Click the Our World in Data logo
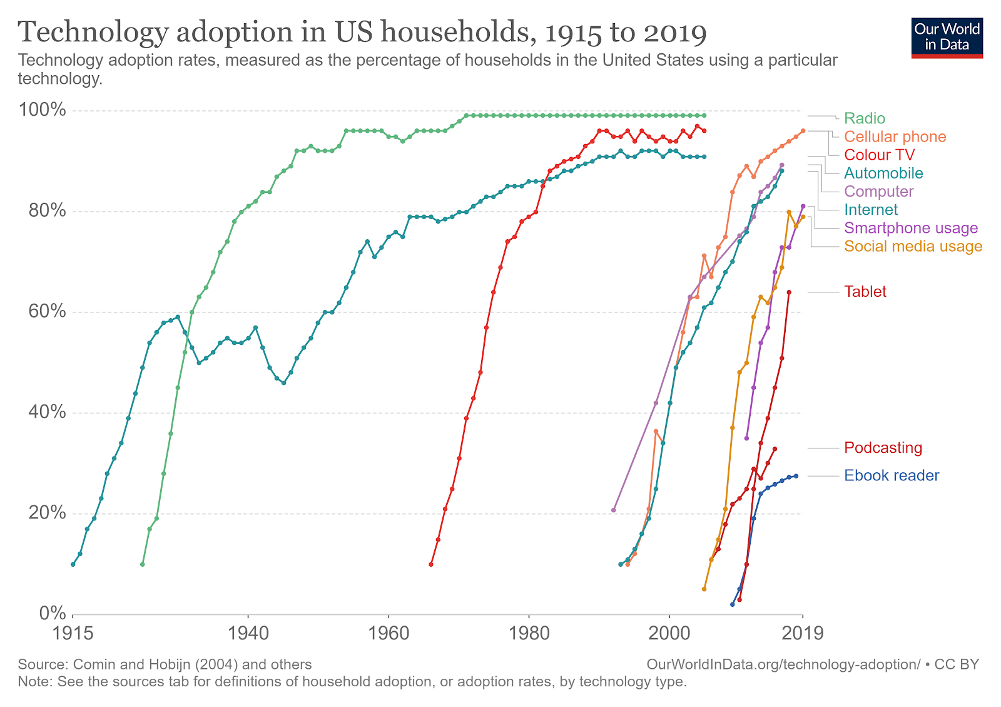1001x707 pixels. coord(947,38)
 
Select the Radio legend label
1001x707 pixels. coord(864,118)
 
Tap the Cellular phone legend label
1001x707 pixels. coord(895,137)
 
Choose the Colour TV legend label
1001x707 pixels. coord(880,155)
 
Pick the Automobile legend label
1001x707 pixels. coord(883,173)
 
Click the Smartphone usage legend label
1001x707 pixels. coord(911,228)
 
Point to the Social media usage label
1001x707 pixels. coord(913,246)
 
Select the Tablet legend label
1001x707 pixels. coord(865,292)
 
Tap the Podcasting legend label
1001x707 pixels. coord(883,448)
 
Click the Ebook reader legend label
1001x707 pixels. coord(892,475)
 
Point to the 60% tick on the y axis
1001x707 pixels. coord(47,311)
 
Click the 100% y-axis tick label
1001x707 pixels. coord(42,110)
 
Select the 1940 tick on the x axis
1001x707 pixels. coord(248,633)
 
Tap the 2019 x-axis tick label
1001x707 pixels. coord(802,633)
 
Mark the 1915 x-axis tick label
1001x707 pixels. coord(73,633)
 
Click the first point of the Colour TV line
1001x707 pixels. coord(431,564)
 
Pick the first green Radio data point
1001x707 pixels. coord(143,564)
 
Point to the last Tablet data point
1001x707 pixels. coord(789,292)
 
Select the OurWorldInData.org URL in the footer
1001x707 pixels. coord(783,664)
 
